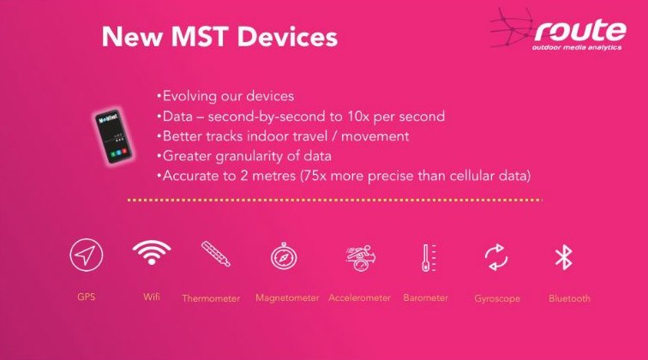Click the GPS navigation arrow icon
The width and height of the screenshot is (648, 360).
(86, 255)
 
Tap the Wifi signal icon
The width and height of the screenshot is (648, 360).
(152, 252)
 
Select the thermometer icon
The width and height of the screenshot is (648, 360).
(215, 254)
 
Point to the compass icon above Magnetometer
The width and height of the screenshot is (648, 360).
(284, 256)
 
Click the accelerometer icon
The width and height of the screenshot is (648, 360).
(360, 258)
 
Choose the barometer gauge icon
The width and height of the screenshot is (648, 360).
(429, 257)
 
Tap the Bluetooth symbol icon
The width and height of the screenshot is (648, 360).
(563, 257)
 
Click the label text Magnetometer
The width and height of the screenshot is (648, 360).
(287, 298)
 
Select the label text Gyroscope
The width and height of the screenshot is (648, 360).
(497, 299)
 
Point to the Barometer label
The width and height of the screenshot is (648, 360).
(425, 297)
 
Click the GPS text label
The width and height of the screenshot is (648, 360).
(86, 297)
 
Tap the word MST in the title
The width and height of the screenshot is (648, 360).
(199, 36)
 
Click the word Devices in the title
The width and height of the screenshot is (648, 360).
(288, 36)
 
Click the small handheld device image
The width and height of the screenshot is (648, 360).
(113, 137)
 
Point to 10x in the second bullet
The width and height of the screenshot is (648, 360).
(358, 117)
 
